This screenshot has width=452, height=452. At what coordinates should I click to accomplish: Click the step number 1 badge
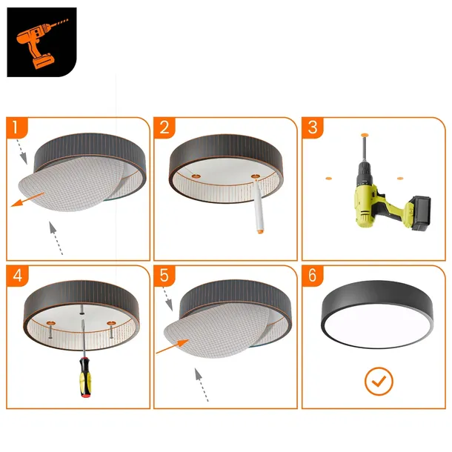coord(16,127)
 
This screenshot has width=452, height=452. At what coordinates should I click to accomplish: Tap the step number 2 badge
coord(163,127)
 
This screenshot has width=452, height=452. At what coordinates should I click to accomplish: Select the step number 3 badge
coord(312,127)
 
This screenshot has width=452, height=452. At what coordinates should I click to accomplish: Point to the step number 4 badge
coord(16,276)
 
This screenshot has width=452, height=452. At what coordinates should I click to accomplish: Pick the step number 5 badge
coord(163,276)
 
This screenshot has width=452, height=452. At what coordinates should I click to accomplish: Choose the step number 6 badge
coord(312,276)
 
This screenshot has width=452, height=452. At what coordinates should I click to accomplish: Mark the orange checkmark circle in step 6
coord(379,382)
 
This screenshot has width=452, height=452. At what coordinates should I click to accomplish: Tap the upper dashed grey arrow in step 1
coord(22,151)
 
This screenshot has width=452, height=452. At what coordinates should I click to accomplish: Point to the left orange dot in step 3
coord(327,179)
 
